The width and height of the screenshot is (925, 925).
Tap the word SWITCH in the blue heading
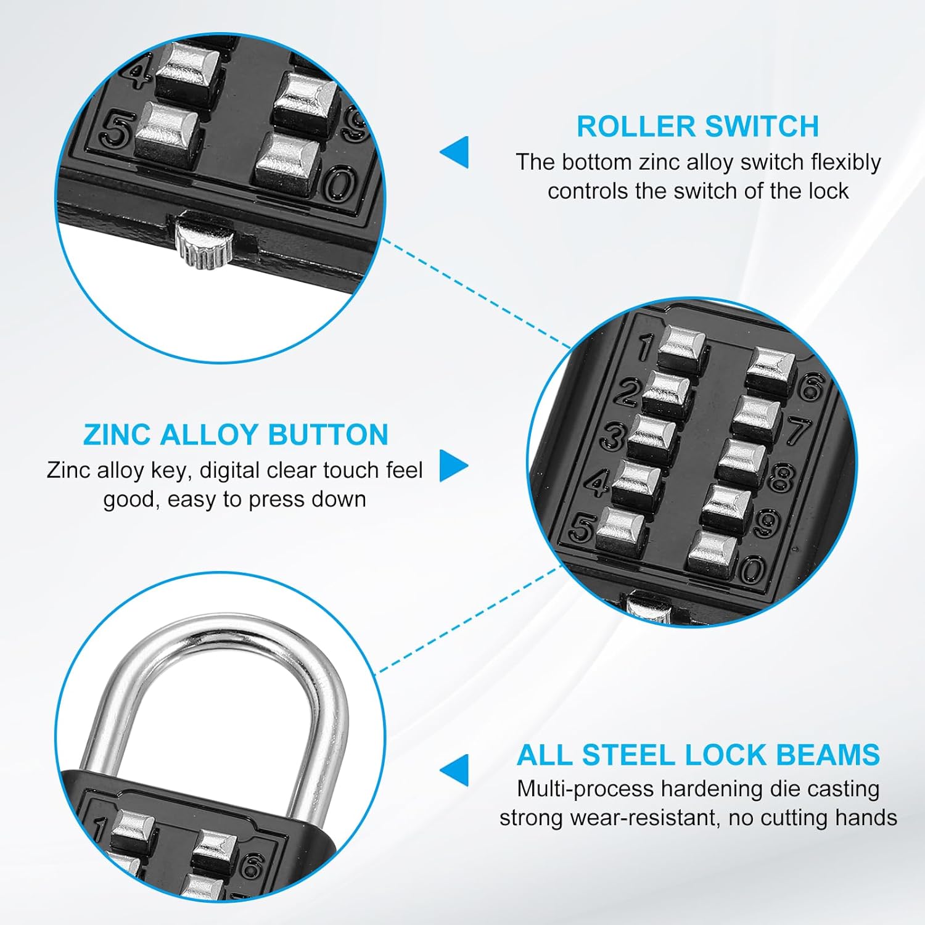click(x=762, y=126)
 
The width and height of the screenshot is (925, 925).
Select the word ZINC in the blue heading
click(x=117, y=435)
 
